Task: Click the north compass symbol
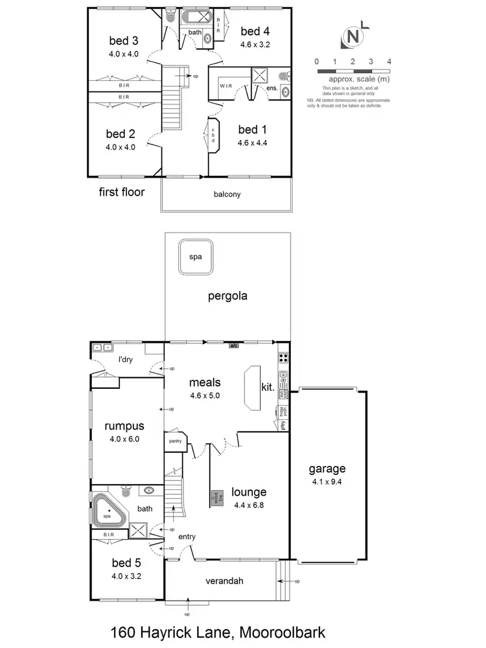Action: coord(353,37)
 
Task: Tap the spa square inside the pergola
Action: coord(196,257)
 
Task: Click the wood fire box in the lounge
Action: coord(215,498)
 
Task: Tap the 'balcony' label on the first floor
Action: coord(227,194)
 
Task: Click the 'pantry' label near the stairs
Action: coord(175,441)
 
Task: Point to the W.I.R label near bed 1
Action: coord(226,85)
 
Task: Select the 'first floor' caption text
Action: coord(121,192)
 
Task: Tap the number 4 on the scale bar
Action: coord(389,62)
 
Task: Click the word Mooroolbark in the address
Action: coord(281,632)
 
